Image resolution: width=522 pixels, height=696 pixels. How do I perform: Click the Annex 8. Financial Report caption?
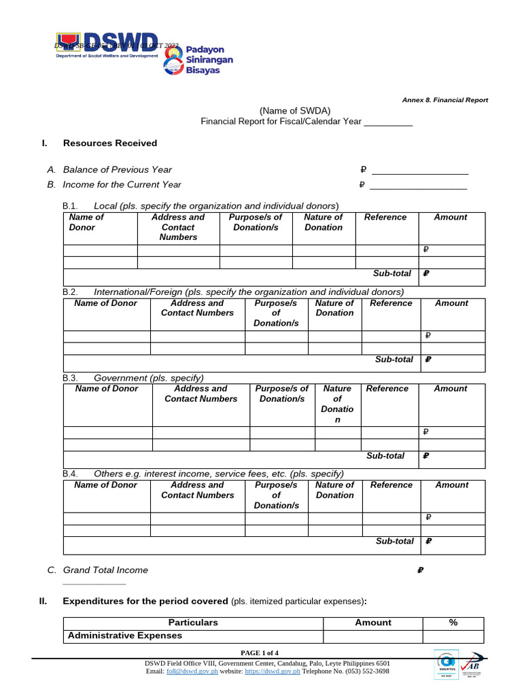point(445,100)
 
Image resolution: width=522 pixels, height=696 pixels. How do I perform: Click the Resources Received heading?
point(109,143)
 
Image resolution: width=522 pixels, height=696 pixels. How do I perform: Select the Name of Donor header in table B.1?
point(86,222)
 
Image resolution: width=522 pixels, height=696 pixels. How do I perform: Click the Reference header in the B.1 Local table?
point(385,217)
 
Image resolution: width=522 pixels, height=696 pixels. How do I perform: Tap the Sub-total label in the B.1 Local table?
point(392,273)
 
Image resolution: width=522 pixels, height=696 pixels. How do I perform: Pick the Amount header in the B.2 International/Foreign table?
point(451,303)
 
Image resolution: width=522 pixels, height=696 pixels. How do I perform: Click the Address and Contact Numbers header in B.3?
point(201,394)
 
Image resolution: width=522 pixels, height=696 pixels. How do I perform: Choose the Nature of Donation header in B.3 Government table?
point(338,404)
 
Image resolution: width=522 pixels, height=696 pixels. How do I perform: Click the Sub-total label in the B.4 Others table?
point(395,541)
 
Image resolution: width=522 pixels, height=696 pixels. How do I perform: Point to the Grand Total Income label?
point(105,570)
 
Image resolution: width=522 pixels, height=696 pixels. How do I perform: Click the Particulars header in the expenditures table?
point(193,623)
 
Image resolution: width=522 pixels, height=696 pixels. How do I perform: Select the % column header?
point(453,623)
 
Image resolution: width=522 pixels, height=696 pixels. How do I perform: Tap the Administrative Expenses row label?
point(124,636)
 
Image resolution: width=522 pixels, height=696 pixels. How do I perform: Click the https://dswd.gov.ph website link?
point(272,672)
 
